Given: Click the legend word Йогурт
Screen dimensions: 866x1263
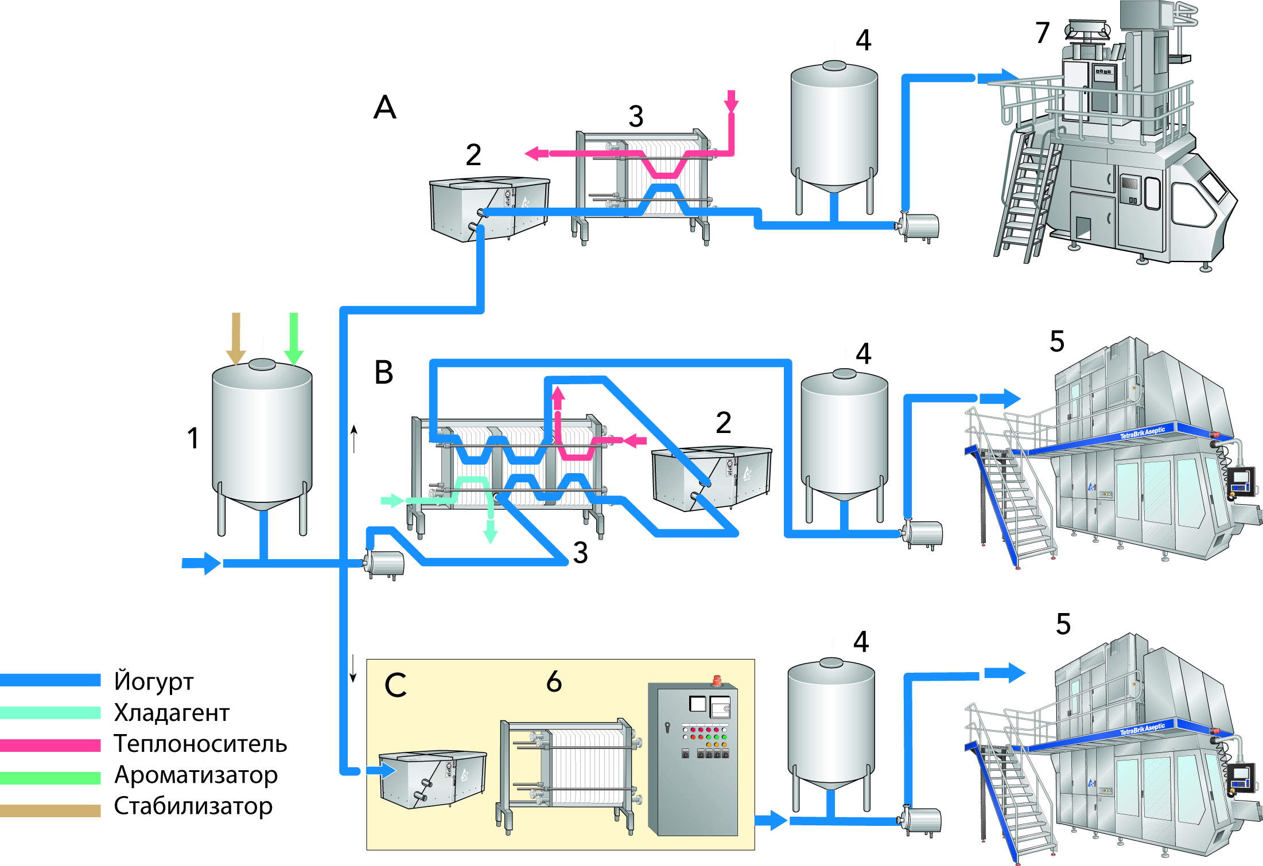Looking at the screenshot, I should [x=154, y=681].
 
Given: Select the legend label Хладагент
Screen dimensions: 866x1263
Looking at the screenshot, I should [x=172, y=712].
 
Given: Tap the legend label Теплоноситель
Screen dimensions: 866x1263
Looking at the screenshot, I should [x=200, y=743].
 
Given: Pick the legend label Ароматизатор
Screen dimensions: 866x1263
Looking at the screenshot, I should [x=196, y=775].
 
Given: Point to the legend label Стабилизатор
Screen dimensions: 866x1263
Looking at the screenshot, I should [x=193, y=806].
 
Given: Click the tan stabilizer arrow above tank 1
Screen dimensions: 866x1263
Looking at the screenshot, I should [x=236, y=338].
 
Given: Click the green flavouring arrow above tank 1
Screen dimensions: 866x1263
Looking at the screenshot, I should [x=294, y=338].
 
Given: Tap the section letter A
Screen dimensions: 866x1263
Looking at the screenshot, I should [x=385, y=107].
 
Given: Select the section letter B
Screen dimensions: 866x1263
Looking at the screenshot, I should [x=384, y=372].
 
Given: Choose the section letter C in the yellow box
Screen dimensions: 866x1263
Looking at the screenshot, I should [x=396, y=685].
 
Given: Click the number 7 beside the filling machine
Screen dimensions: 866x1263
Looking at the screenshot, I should [x=1043, y=33].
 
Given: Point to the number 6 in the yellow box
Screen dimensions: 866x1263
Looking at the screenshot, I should [x=554, y=681].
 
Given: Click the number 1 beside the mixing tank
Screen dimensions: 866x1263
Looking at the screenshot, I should [x=193, y=438].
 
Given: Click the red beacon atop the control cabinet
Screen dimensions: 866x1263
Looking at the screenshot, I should [x=716, y=680].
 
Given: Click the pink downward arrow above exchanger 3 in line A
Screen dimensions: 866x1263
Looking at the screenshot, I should [x=731, y=102].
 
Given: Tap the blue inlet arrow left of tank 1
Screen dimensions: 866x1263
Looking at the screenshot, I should [x=201, y=563].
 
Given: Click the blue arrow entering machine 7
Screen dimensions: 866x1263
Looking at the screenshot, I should [x=998, y=77].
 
